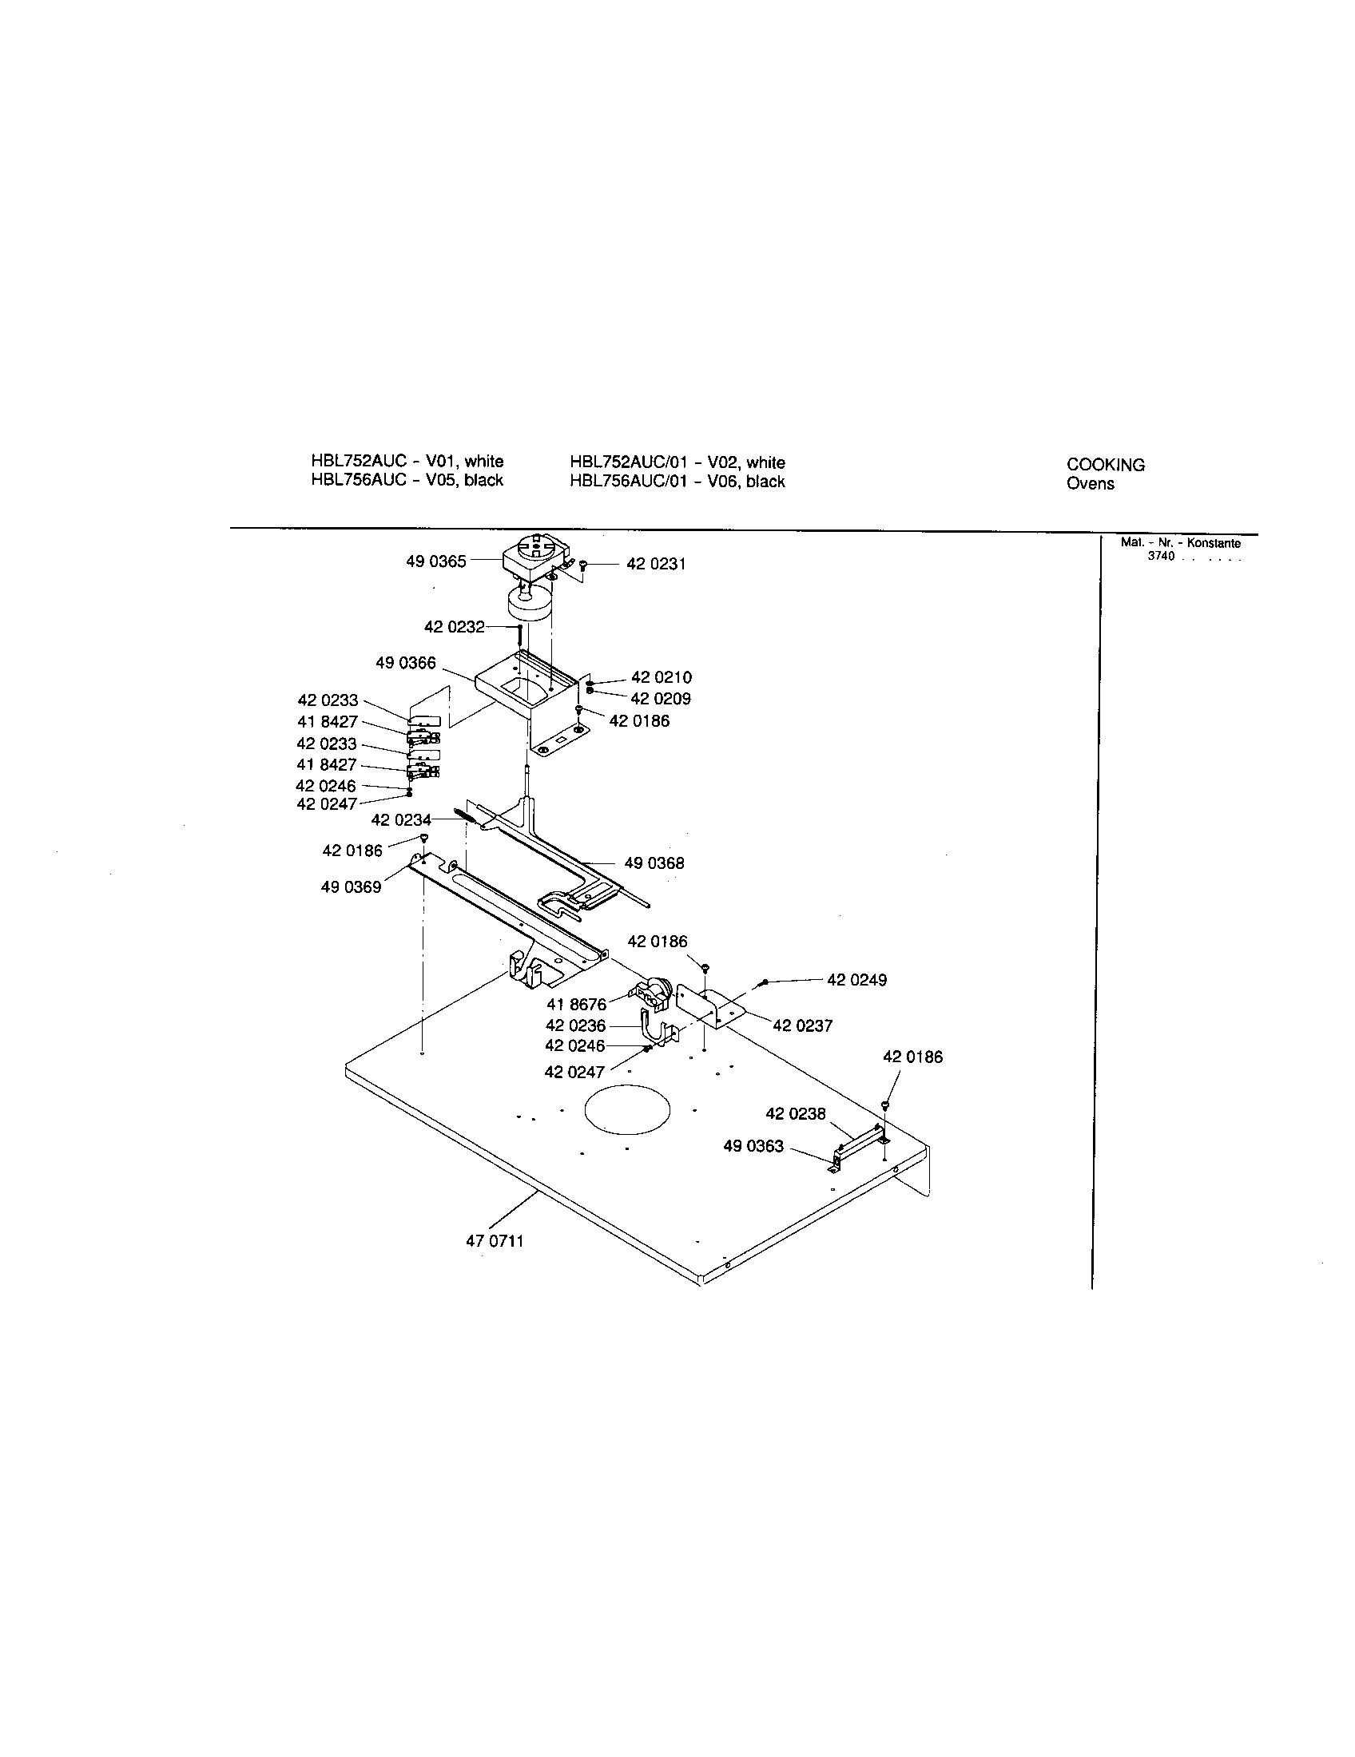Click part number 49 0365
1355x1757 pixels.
click(x=435, y=561)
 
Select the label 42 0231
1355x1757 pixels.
click(x=656, y=564)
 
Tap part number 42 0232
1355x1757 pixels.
click(x=454, y=627)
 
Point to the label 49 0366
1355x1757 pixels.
click(x=406, y=663)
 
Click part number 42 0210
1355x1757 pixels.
click(x=661, y=677)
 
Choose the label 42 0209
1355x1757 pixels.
click(x=661, y=698)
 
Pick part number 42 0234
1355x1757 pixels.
click(x=401, y=819)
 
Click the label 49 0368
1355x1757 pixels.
click(x=654, y=863)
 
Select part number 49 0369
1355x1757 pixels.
click(x=351, y=887)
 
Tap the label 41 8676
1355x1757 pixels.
click(x=576, y=1005)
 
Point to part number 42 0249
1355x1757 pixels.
click(x=856, y=980)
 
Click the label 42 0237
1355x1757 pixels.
click(x=802, y=1025)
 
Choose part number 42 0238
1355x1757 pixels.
click(x=795, y=1113)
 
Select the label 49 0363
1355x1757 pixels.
click(x=753, y=1145)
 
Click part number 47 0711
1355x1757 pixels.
click(x=494, y=1240)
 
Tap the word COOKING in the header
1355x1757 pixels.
click(x=1106, y=465)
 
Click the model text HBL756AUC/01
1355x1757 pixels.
click(x=626, y=481)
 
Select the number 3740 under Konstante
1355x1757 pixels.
click(x=1161, y=556)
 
